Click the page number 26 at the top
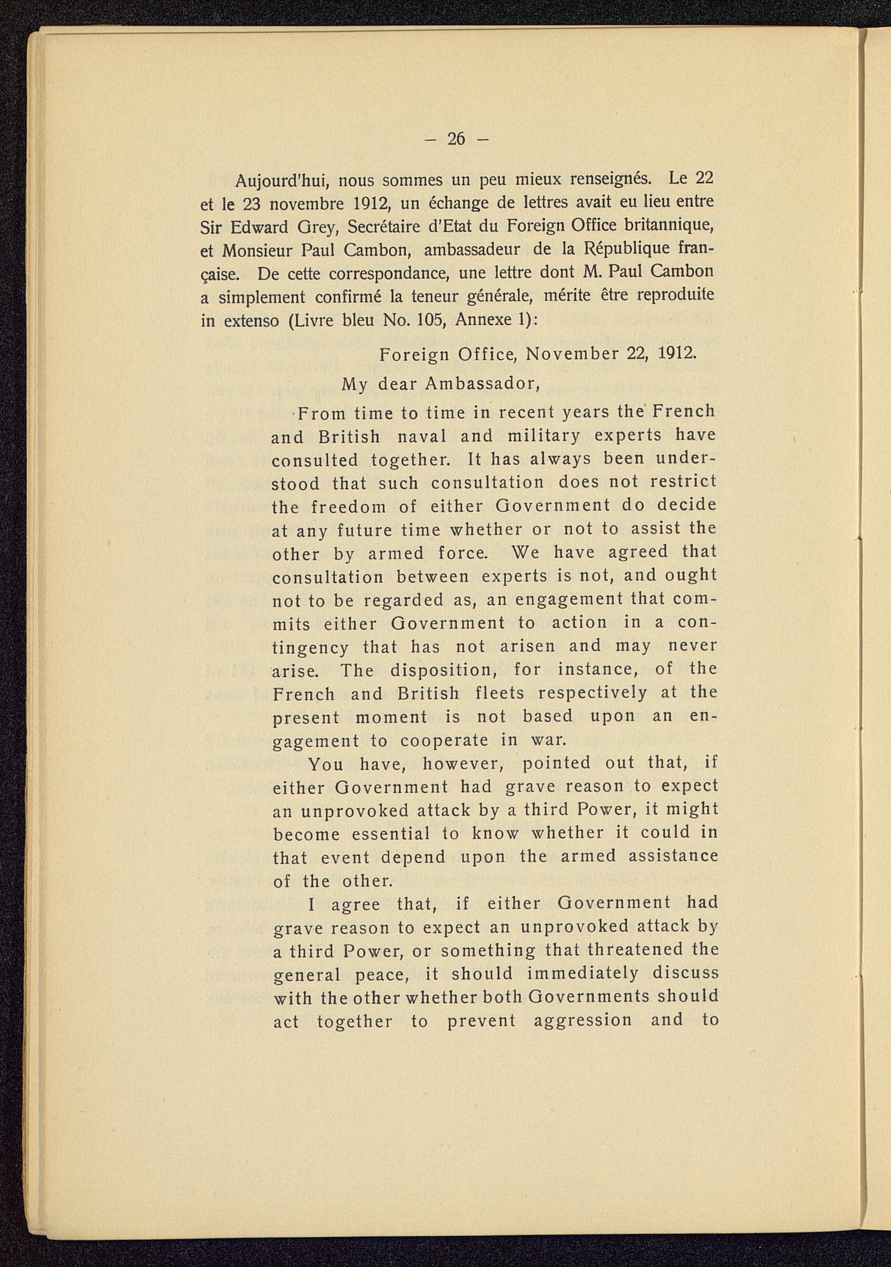(x=456, y=139)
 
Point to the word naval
(x=421, y=436)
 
